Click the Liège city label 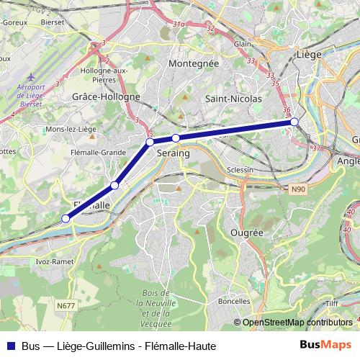[308, 54]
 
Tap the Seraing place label [173, 154]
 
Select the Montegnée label [192, 64]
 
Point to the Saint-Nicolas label [228, 98]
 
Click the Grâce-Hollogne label [107, 96]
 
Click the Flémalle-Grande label [98, 152]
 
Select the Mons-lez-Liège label [70, 128]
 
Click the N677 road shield [65, 305]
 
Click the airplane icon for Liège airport [30, 76]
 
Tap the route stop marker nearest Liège [294, 122]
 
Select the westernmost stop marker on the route [66, 218]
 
